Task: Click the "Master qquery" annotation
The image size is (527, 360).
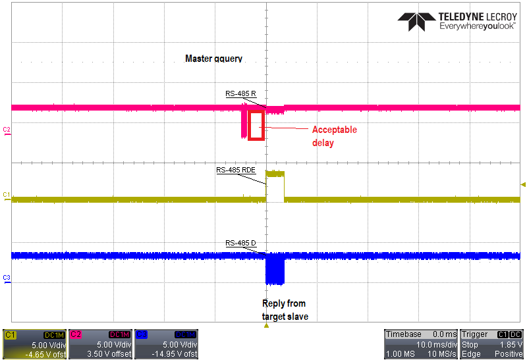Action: tap(213, 59)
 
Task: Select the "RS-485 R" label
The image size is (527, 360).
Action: tap(240, 93)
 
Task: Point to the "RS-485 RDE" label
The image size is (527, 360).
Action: tap(236, 170)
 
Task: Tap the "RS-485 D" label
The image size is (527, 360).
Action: tap(240, 243)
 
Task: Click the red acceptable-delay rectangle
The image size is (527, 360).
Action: tap(249, 125)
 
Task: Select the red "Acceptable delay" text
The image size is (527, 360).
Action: tap(335, 136)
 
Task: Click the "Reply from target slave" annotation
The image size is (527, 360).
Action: tap(285, 309)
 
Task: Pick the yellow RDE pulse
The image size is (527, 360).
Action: tap(275, 174)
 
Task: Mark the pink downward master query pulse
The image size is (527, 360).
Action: tap(244, 122)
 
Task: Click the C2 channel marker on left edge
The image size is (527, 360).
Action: tap(7, 130)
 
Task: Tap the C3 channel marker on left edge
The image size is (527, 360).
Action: tap(7, 279)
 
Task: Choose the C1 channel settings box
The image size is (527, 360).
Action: tap(35, 344)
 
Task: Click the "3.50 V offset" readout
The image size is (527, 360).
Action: tap(109, 354)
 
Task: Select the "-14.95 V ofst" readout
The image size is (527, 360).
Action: tap(175, 354)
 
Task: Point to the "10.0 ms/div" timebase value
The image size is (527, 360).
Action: tap(437, 345)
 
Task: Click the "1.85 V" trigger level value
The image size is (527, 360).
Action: tap(511, 345)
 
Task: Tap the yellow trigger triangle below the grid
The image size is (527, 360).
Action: tap(266, 325)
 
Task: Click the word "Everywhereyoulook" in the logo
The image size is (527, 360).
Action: tap(477, 26)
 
